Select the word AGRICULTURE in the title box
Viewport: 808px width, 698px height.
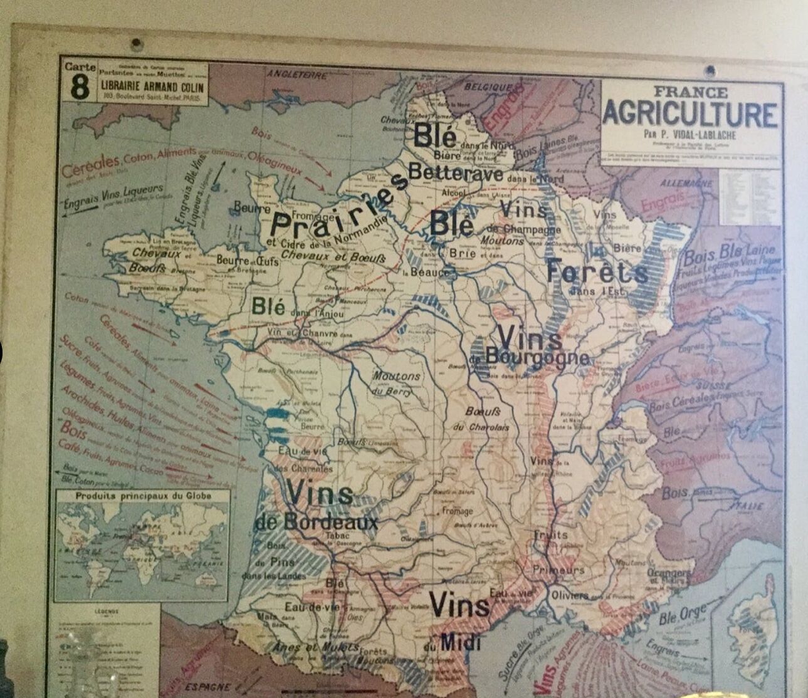690,114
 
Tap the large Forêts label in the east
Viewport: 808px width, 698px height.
597,272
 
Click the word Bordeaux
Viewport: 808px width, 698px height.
333,522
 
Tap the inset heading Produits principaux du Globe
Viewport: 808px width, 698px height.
143,496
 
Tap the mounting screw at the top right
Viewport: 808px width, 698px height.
710,70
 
